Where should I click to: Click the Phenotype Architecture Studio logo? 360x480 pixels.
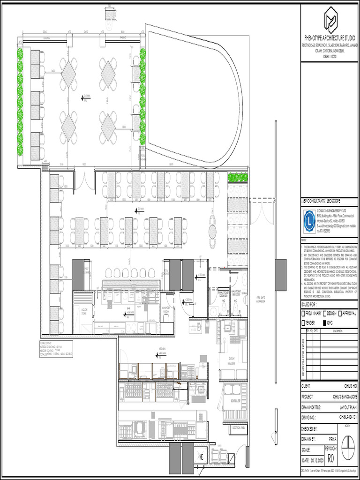coord(330,21)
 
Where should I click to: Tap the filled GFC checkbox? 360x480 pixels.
coord(323,323)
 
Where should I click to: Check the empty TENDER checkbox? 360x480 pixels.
coord(303,323)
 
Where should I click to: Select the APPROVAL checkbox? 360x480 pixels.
coord(339,313)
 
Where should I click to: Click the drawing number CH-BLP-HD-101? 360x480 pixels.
coord(348,417)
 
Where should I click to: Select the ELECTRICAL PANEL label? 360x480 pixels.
coord(238,427)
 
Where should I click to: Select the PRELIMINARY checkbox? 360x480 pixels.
coord(303,313)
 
